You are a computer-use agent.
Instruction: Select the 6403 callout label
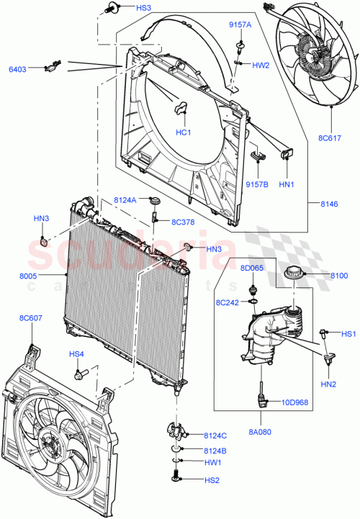pos(18,69)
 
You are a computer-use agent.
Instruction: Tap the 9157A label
pos(240,25)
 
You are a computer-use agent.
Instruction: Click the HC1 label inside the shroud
pos(184,132)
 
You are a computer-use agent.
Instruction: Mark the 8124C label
pos(215,435)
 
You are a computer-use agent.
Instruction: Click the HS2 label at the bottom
pos(211,480)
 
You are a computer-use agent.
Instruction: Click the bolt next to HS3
pos(111,9)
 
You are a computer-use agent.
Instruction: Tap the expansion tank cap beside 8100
pos(294,274)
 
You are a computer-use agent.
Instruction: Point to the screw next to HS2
pos(177,477)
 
